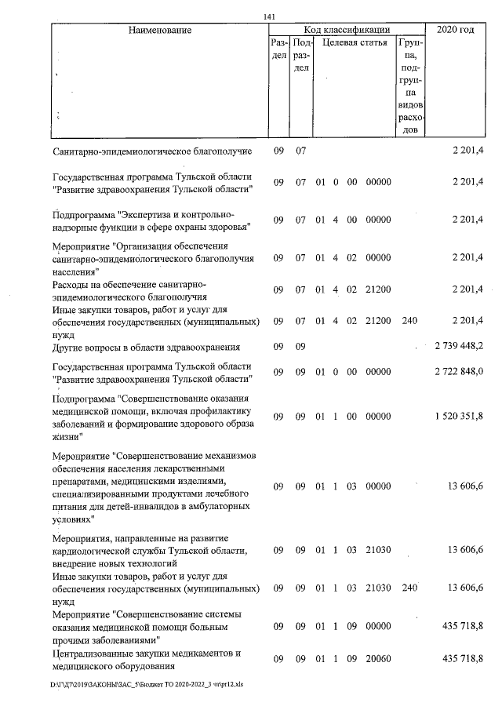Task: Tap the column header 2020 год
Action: (456, 30)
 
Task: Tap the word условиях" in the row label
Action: (73, 519)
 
